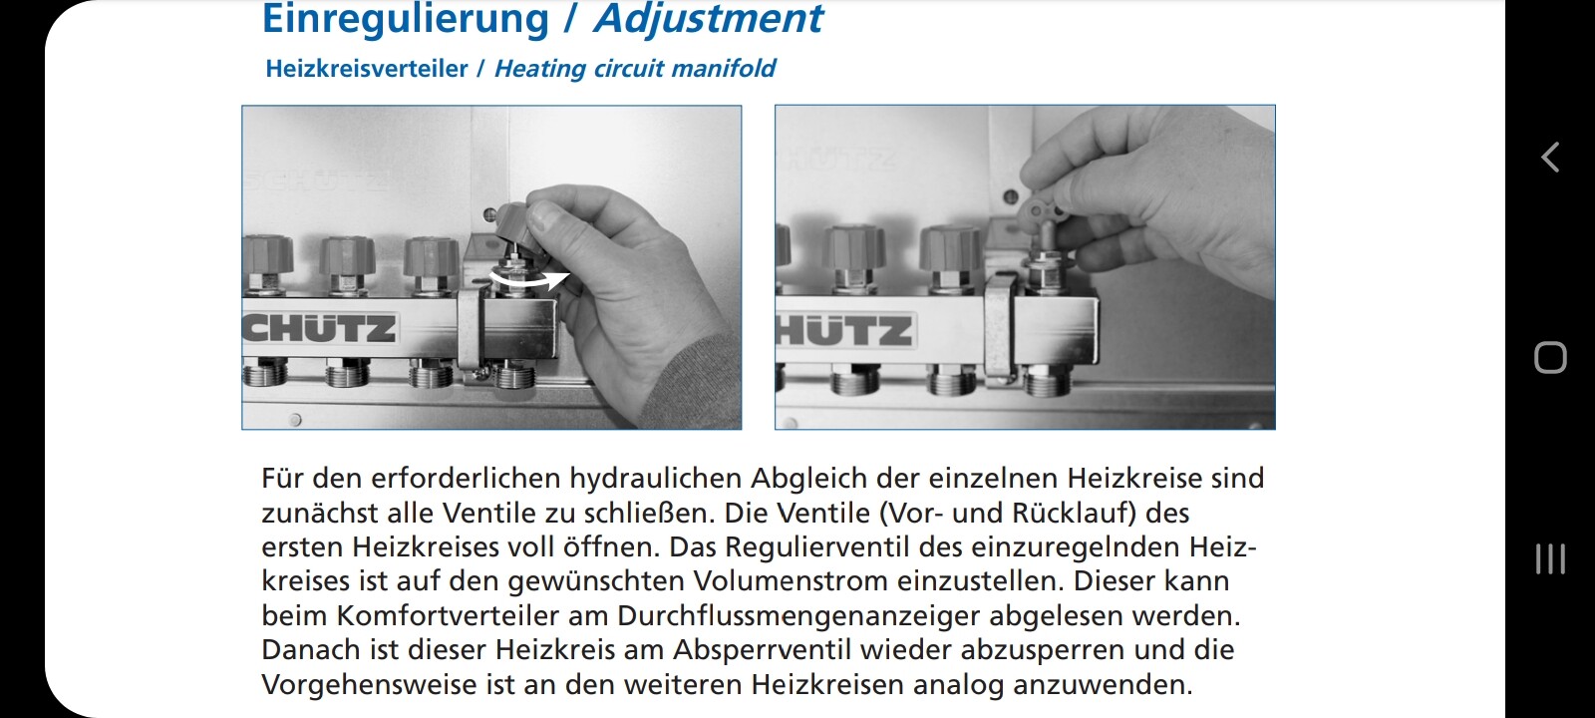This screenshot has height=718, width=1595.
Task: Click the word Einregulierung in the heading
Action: tap(406, 19)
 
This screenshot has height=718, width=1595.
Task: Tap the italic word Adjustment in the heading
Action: tap(709, 18)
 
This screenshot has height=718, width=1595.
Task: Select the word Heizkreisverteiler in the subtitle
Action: tap(367, 69)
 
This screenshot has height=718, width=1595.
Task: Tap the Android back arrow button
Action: tap(1550, 158)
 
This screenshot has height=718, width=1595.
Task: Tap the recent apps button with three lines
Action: tap(1550, 559)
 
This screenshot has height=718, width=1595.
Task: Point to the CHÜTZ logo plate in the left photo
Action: tap(320, 329)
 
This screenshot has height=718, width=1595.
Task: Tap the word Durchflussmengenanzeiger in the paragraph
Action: tap(798, 615)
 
